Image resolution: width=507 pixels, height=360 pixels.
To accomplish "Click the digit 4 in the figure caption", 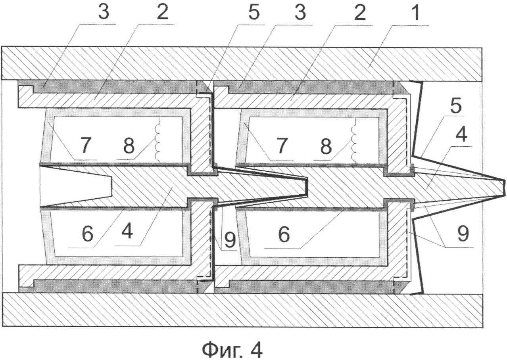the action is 256,349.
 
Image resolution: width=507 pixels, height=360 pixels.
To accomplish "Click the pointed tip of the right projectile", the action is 505,188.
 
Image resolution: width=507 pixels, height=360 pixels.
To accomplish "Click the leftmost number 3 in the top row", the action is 104,12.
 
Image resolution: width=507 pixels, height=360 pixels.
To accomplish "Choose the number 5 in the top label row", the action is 254,12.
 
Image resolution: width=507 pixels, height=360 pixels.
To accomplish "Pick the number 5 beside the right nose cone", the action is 455,106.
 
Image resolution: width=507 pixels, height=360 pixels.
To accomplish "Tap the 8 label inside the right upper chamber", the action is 326,146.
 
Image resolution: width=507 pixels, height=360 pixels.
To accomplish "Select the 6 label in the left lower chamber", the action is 87,234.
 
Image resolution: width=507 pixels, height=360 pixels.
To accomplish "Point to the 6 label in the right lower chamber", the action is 284,234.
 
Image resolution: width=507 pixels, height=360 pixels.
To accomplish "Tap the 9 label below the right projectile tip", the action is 463,234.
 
